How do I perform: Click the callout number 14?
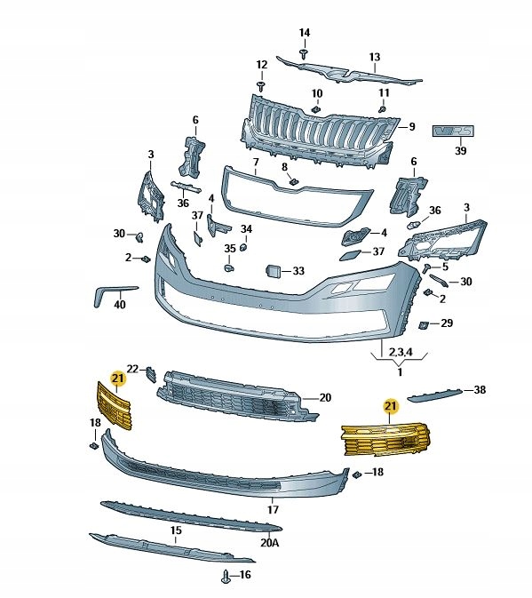click(304, 33)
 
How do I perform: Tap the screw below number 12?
click(261, 86)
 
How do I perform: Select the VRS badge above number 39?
click(453, 131)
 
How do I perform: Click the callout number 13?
click(374, 57)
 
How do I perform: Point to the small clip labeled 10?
click(316, 110)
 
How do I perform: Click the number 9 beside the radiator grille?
click(412, 126)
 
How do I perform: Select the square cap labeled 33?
click(273, 271)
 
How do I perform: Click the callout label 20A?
click(270, 542)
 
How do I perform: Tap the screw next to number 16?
click(226, 577)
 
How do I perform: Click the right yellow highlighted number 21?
click(391, 406)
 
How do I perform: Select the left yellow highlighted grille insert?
click(115, 406)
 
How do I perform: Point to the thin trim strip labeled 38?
click(435, 395)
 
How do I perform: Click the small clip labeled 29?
click(424, 325)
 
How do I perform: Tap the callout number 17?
click(273, 509)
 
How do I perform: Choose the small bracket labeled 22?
click(151, 374)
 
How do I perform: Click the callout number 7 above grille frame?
click(256, 162)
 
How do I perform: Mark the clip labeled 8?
click(294, 181)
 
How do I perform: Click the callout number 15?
click(176, 530)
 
